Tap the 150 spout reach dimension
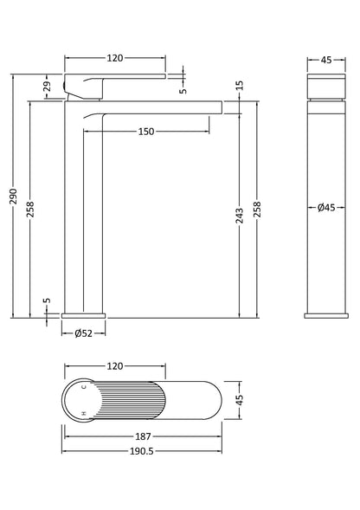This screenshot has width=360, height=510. pos(145,132)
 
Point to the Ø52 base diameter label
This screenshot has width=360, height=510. pos(84,333)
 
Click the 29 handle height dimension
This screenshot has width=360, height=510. pos(48,85)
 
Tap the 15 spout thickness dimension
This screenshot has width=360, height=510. pos(239,84)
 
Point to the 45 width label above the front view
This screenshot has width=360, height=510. pos(326,60)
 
